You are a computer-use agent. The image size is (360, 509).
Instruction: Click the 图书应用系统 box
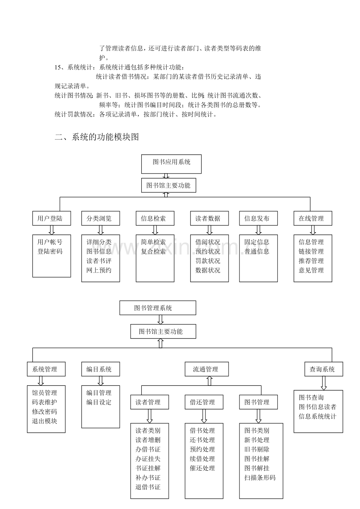pyautogui.click(x=171, y=164)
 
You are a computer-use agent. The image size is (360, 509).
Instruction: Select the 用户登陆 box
pyautogui.click(x=52, y=219)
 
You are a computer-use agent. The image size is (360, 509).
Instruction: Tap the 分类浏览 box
pyautogui.click(x=101, y=219)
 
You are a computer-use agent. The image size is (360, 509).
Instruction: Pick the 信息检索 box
pyautogui.click(x=155, y=219)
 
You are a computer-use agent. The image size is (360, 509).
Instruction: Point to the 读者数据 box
pyautogui.click(x=209, y=219)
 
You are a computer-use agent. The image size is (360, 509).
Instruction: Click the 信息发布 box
pyautogui.click(x=258, y=219)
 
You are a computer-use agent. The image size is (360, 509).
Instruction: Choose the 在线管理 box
pyautogui.click(x=313, y=219)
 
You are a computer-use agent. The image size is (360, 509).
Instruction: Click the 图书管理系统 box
pyautogui.click(x=158, y=308)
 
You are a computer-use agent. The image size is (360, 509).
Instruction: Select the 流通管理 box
pyautogui.click(x=207, y=369)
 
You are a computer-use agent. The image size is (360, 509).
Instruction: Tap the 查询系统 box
pyautogui.click(x=324, y=369)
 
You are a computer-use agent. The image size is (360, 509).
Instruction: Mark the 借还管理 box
pyautogui.click(x=204, y=402)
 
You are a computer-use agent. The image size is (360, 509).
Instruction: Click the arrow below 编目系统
pyautogui.click(x=101, y=381)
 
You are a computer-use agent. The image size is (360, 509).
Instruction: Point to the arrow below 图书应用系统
pyautogui.click(x=166, y=176)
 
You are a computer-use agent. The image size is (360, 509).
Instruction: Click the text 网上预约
pyautogui.click(x=99, y=270)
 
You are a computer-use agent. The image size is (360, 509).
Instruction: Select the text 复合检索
pyautogui.click(x=153, y=251)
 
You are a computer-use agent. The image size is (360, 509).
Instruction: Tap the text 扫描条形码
pyautogui.click(x=260, y=478)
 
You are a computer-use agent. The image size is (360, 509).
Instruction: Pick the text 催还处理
pyautogui.click(x=202, y=468)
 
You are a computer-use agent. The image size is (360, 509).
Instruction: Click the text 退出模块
pyautogui.click(x=44, y=421)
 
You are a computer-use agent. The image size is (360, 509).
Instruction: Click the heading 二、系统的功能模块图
pyautogui.click(x=97, y=137)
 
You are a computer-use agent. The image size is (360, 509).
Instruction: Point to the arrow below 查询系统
pyautogui.click(x=324, y=384)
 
